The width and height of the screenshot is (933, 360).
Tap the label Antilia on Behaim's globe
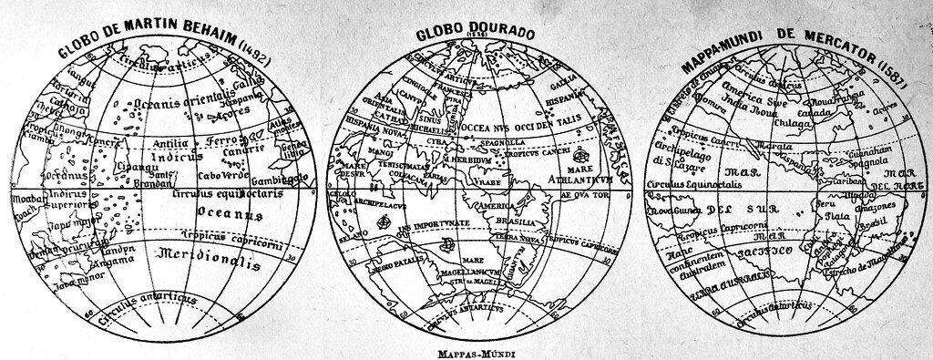[171, 143]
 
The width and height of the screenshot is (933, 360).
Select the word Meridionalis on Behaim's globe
[206, 261]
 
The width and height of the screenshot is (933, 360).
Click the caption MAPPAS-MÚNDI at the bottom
[465, 347]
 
